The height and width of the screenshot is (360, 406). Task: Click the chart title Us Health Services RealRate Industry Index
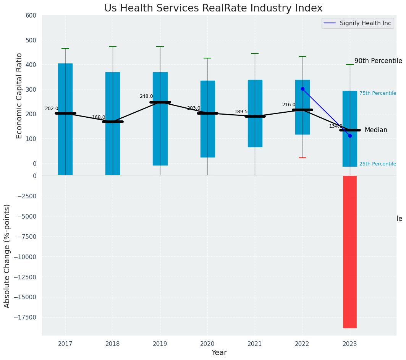click(213, 8)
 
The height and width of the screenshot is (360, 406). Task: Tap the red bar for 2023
click(350, 251)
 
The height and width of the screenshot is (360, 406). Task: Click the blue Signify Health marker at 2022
click(302, 89)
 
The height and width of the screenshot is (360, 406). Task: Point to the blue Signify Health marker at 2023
click(350, 136)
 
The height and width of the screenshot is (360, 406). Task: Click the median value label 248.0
click(146, 97)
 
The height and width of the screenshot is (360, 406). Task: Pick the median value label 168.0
click(99, 118)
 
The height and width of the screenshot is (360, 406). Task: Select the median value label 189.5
click(241, 112)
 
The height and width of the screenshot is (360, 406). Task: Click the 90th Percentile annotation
click(378, 61)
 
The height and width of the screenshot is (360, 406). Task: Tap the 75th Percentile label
click(378, 94)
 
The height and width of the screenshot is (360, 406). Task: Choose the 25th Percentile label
click(378, 164)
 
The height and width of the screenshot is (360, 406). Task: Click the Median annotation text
click(376, 130)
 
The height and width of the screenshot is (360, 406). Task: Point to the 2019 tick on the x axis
click(160, 344)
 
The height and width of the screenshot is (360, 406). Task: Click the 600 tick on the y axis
click(31, 16)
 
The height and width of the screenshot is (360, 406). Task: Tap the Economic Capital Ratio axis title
click(19, 96)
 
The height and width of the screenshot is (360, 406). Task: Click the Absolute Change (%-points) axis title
click(7, 256)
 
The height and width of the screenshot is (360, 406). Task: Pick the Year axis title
click(219, 353)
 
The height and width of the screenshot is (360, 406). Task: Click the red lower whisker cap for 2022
click(302, 158)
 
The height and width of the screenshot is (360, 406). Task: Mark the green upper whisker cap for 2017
click(65, 49)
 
